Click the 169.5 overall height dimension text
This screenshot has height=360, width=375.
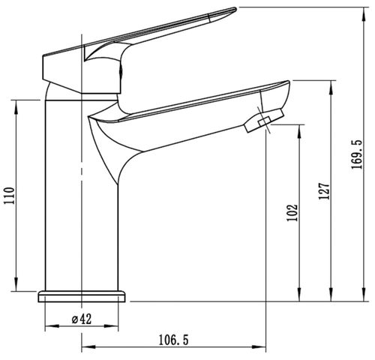coord(356,154)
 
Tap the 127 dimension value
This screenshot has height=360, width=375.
coord(324,191)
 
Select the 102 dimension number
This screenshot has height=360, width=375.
coord(292,213)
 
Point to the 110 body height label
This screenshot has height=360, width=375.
coord(10,195)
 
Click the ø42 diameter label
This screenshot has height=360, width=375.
coord(82,319)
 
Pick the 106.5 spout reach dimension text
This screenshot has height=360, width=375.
coord(173,340)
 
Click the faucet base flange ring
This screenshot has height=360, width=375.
coord(82,296)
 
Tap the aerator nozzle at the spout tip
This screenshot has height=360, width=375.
coord(264,121)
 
